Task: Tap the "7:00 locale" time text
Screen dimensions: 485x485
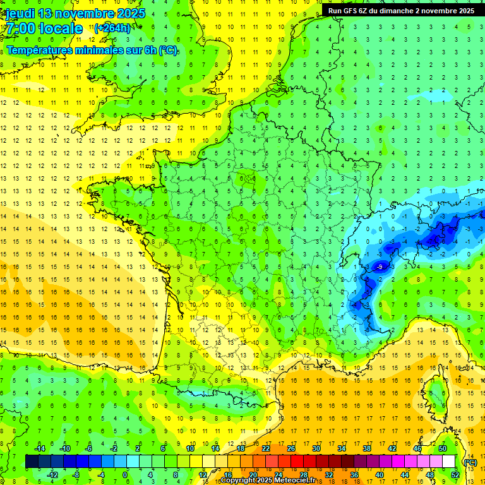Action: tap(44, 28)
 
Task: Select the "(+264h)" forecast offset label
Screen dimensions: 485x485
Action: tap(112, 28)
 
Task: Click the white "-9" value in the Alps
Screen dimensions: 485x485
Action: tap(379, 267)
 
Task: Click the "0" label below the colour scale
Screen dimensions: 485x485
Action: tap(125, 475)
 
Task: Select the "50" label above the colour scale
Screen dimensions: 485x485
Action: tap(442, 448)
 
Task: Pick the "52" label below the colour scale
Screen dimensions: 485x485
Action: tap(455, 475)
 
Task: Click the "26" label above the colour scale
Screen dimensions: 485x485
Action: tap(290, 448)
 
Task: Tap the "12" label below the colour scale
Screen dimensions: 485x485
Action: tap(203, 475)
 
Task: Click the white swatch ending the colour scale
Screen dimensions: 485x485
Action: tap(448, 462)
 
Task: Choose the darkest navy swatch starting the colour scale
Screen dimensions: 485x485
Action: tap(32, 462)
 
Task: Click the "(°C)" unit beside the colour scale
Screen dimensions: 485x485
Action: tap(469, 462)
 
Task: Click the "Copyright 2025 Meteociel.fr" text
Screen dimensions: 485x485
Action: tap(268, 481)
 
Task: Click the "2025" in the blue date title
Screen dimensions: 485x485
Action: tap(130, 13)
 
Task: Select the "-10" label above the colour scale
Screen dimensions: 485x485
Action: tap(64, 448)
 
